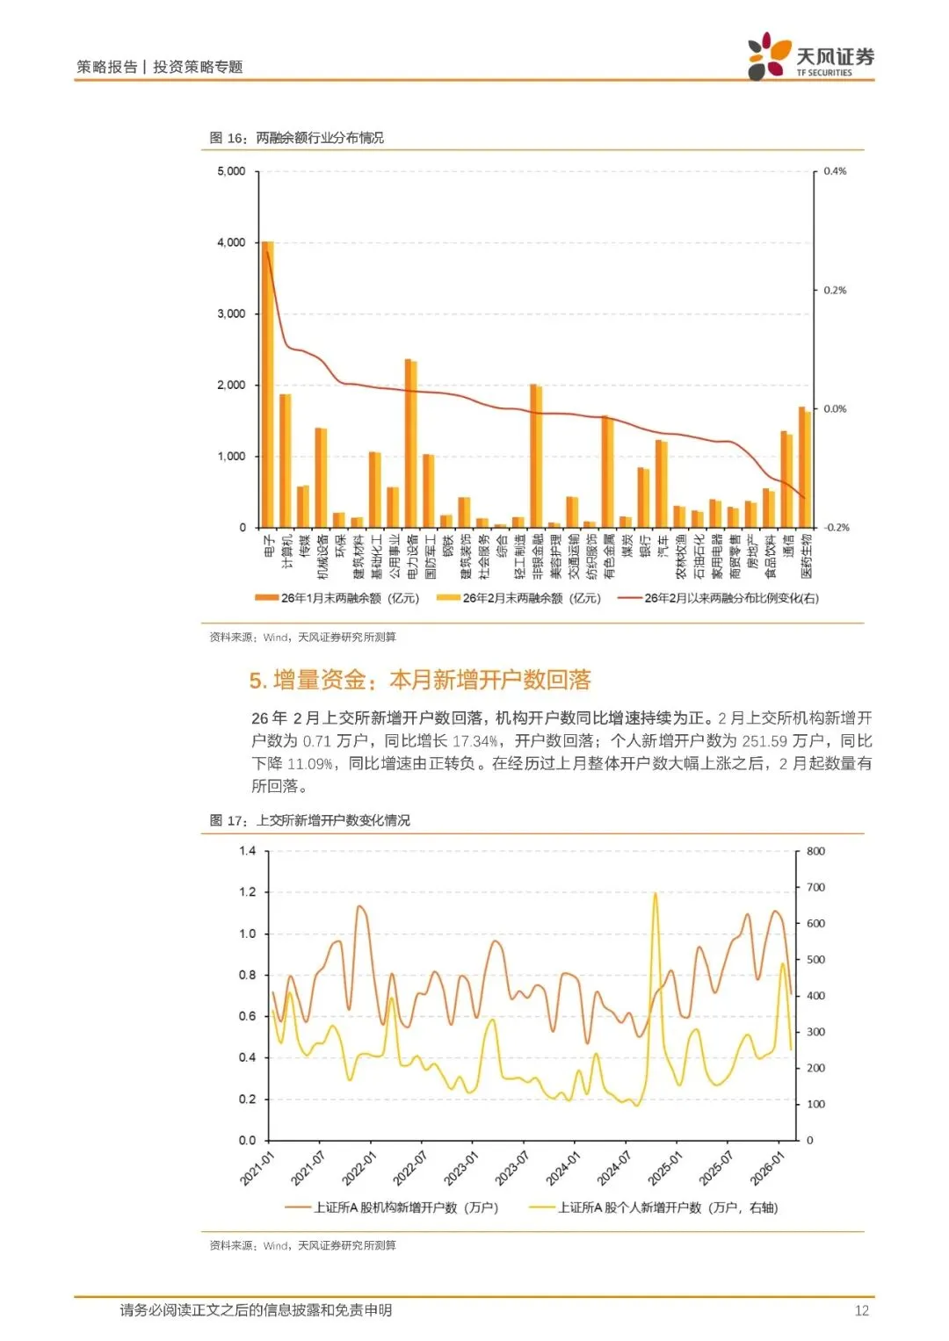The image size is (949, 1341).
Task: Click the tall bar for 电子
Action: (268, 386)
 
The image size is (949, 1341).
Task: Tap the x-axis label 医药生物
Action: (807, 556)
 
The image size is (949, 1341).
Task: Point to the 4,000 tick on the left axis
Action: (231, 242)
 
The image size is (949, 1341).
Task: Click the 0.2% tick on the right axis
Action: (835, 290)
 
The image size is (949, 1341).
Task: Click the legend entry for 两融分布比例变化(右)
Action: (730, 598)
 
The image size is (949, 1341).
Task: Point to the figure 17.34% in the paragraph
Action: (475, 741)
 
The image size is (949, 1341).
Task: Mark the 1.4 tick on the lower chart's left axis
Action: (247, 851)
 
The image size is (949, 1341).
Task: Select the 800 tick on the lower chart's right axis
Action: (815, 851)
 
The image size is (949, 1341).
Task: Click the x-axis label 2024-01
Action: (563, 1169)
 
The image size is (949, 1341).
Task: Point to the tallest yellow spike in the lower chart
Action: (655, 896)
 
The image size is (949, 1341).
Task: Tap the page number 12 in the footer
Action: (861, 1310)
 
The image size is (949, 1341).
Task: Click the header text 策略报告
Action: (106, 67)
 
